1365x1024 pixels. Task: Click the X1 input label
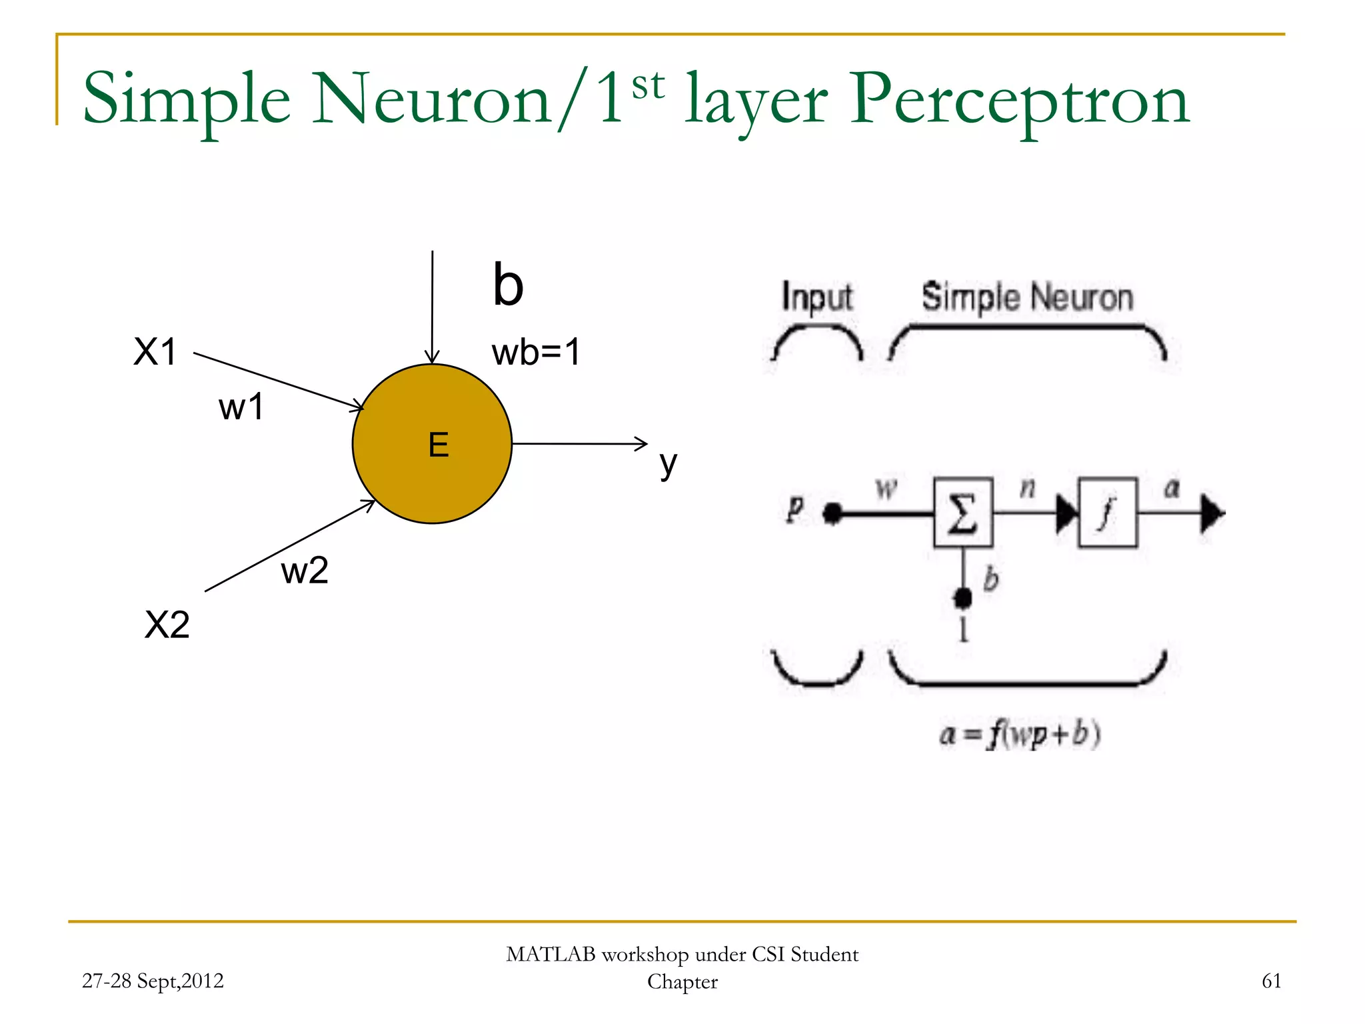point(155,351)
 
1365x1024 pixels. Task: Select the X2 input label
point(167,625)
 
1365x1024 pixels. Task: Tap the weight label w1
point(241,407)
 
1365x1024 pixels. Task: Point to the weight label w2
point(305,571)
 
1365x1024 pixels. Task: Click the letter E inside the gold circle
point(439,445)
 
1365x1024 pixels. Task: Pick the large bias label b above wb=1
point(508,285)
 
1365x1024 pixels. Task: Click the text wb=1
point(536,352)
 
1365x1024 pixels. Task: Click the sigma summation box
point(962,513)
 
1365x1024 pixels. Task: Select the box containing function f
point(1107,513)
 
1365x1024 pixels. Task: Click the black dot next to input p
point(832,513)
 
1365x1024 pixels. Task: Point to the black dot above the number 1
point(962,597)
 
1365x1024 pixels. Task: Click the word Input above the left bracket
point(816,297)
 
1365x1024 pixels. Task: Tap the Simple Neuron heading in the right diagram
point(1027,297)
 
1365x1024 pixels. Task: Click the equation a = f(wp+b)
point(1020,735)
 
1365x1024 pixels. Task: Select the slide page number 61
point(1271,981)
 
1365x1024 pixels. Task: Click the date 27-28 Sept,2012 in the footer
point(153,981)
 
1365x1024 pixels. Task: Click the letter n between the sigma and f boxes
point(1027,489)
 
